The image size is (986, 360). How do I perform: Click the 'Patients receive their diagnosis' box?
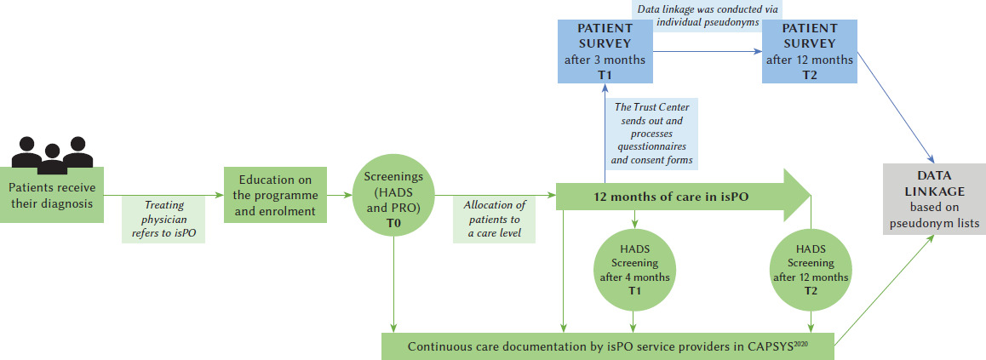click(x=53, y=195)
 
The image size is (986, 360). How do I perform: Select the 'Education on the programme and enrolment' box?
click(x=276, y=195)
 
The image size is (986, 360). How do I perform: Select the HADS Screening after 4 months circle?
click(x=633, y=269)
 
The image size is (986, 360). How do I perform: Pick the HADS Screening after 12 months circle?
click(x=811, y=269)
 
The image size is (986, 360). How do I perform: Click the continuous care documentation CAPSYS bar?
click(x=606, y=346)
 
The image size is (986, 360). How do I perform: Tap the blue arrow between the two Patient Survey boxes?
click(x=707, y=52)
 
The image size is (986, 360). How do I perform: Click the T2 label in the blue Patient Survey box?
click(x=809, y=75)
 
